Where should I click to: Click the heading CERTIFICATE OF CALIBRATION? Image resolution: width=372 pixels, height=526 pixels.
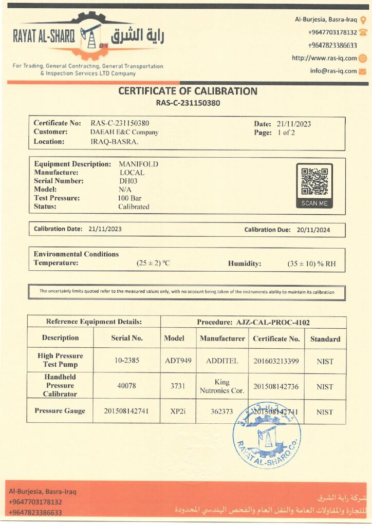click(x=188, y=91)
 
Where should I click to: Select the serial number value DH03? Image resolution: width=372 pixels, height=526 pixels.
click(x=128, y=181)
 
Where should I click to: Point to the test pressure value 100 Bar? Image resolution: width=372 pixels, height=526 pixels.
click(x=129, y=198)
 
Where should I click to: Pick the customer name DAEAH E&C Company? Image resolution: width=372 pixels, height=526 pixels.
click(x=124, y=132)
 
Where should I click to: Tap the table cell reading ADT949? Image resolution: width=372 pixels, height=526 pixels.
click(x=178, y=361)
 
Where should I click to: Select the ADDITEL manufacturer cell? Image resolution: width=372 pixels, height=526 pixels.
click(x=222, y=361)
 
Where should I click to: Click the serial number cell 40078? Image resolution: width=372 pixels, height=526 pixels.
click(x=126, y=386)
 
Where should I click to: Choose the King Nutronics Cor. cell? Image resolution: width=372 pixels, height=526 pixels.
click(x=222, y=386)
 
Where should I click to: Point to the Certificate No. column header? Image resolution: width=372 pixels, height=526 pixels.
click(x=276, y=339)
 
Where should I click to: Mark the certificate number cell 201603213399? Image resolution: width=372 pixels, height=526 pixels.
click(x=276, y=361)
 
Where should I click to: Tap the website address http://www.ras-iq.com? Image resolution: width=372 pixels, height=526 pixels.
click(x=324, y=58)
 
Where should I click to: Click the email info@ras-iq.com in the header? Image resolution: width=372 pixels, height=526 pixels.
click(x=333, y=71)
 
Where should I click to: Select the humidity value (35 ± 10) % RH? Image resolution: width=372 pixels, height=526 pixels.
click(x=311, y=264)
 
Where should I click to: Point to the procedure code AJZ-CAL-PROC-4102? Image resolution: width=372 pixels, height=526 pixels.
click(x=273, y=323)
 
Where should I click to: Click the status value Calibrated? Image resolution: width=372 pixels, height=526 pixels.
click(x=134, y=206)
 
